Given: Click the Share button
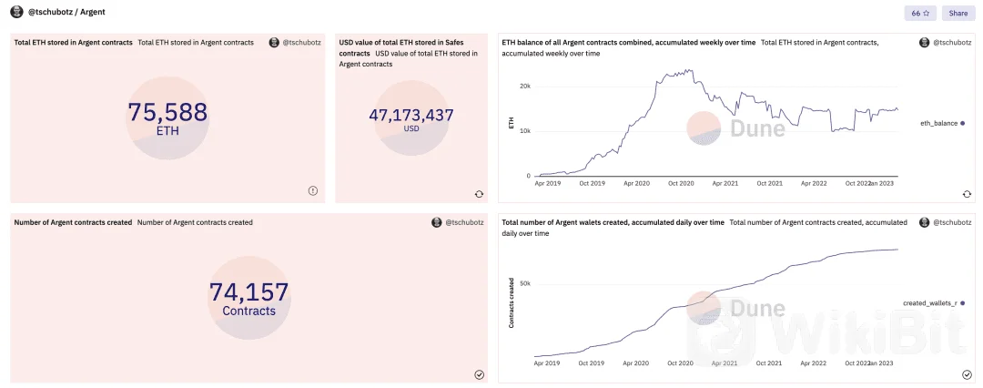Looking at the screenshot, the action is click(958, 13).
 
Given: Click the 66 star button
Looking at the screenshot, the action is click(920, 13).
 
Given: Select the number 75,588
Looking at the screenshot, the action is click(167, 113).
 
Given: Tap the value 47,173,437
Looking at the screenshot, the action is click(411, 116).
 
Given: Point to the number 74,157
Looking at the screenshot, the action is click(248, 292).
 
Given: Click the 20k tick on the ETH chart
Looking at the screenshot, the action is click(524, 86).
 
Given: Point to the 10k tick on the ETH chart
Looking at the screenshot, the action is click(524, 131).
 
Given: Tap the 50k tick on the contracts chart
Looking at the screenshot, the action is click(524, 284).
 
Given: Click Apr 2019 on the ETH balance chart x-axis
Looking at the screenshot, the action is click(548, 184).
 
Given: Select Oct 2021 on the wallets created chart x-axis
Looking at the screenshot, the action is click(770, 363).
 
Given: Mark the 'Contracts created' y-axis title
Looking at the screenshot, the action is click(512, 303).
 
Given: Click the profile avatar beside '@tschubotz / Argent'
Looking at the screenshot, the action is click(17, 12).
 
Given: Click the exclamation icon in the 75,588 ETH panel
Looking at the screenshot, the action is click(313, 191).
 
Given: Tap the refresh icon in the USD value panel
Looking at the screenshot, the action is click(479, 194).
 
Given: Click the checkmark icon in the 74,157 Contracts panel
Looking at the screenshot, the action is click(479, 375).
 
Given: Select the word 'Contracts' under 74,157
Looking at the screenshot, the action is click(248, 311).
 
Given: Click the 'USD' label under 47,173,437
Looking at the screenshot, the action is click(411, 128).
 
